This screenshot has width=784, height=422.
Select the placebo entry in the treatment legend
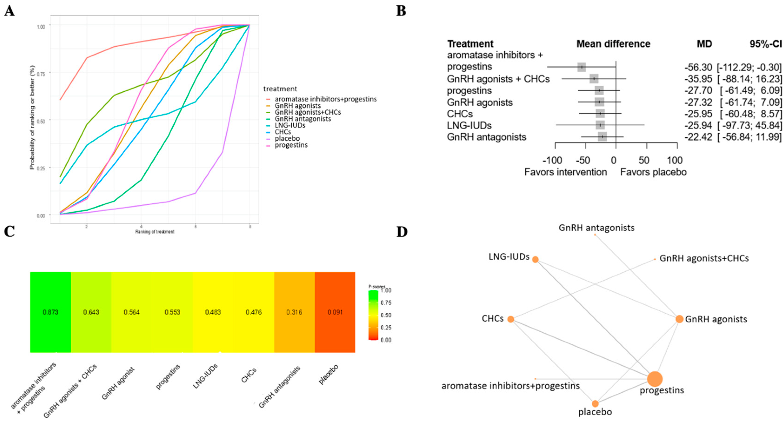287,138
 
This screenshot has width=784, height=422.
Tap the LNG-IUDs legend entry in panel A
290,125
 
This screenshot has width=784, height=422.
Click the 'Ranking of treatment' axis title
155,232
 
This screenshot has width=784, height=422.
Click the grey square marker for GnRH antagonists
602,137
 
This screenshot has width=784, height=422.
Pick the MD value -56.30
698,67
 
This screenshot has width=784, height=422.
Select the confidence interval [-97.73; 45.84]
749,125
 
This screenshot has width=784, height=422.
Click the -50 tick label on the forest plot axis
583,160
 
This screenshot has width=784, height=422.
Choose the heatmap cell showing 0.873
50,312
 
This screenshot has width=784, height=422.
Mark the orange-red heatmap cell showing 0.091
335,312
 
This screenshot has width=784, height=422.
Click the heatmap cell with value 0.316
294,312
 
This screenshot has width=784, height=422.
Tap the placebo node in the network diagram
595,404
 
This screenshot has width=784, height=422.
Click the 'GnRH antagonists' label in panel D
597,228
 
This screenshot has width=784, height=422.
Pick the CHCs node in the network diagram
511,319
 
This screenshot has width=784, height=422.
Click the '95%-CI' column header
766,44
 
